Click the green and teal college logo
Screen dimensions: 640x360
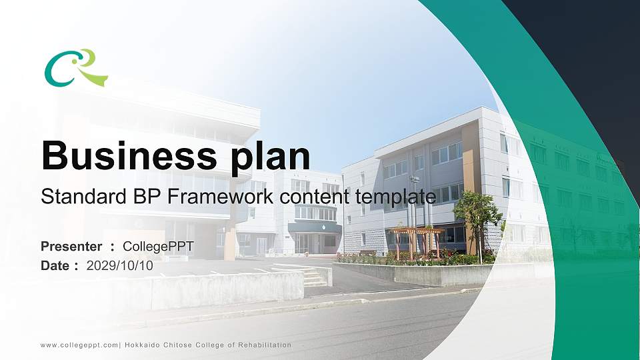coord(76,68)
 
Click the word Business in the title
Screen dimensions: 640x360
coord(129,155)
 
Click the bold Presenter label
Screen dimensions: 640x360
coord(71,247)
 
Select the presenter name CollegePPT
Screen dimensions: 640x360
coord(159,247)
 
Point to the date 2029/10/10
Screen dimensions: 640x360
coord(119,266)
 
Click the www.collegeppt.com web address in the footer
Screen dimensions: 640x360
coord(79,345)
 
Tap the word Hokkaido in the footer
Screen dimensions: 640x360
coord(143,345)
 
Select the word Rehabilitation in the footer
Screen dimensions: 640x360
coord(265,345)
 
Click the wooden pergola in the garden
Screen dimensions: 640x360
coord(416,243)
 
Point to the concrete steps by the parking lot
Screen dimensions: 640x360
coord(313,277)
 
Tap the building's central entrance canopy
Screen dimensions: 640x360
coord(314,227)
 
